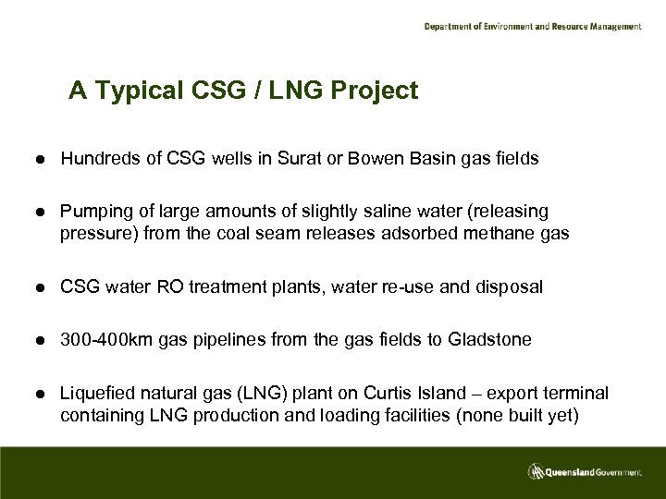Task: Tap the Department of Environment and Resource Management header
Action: coord(532,27)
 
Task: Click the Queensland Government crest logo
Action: coord(536,472)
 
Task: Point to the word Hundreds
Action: coord(96,159)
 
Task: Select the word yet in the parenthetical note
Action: coord(556,414)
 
